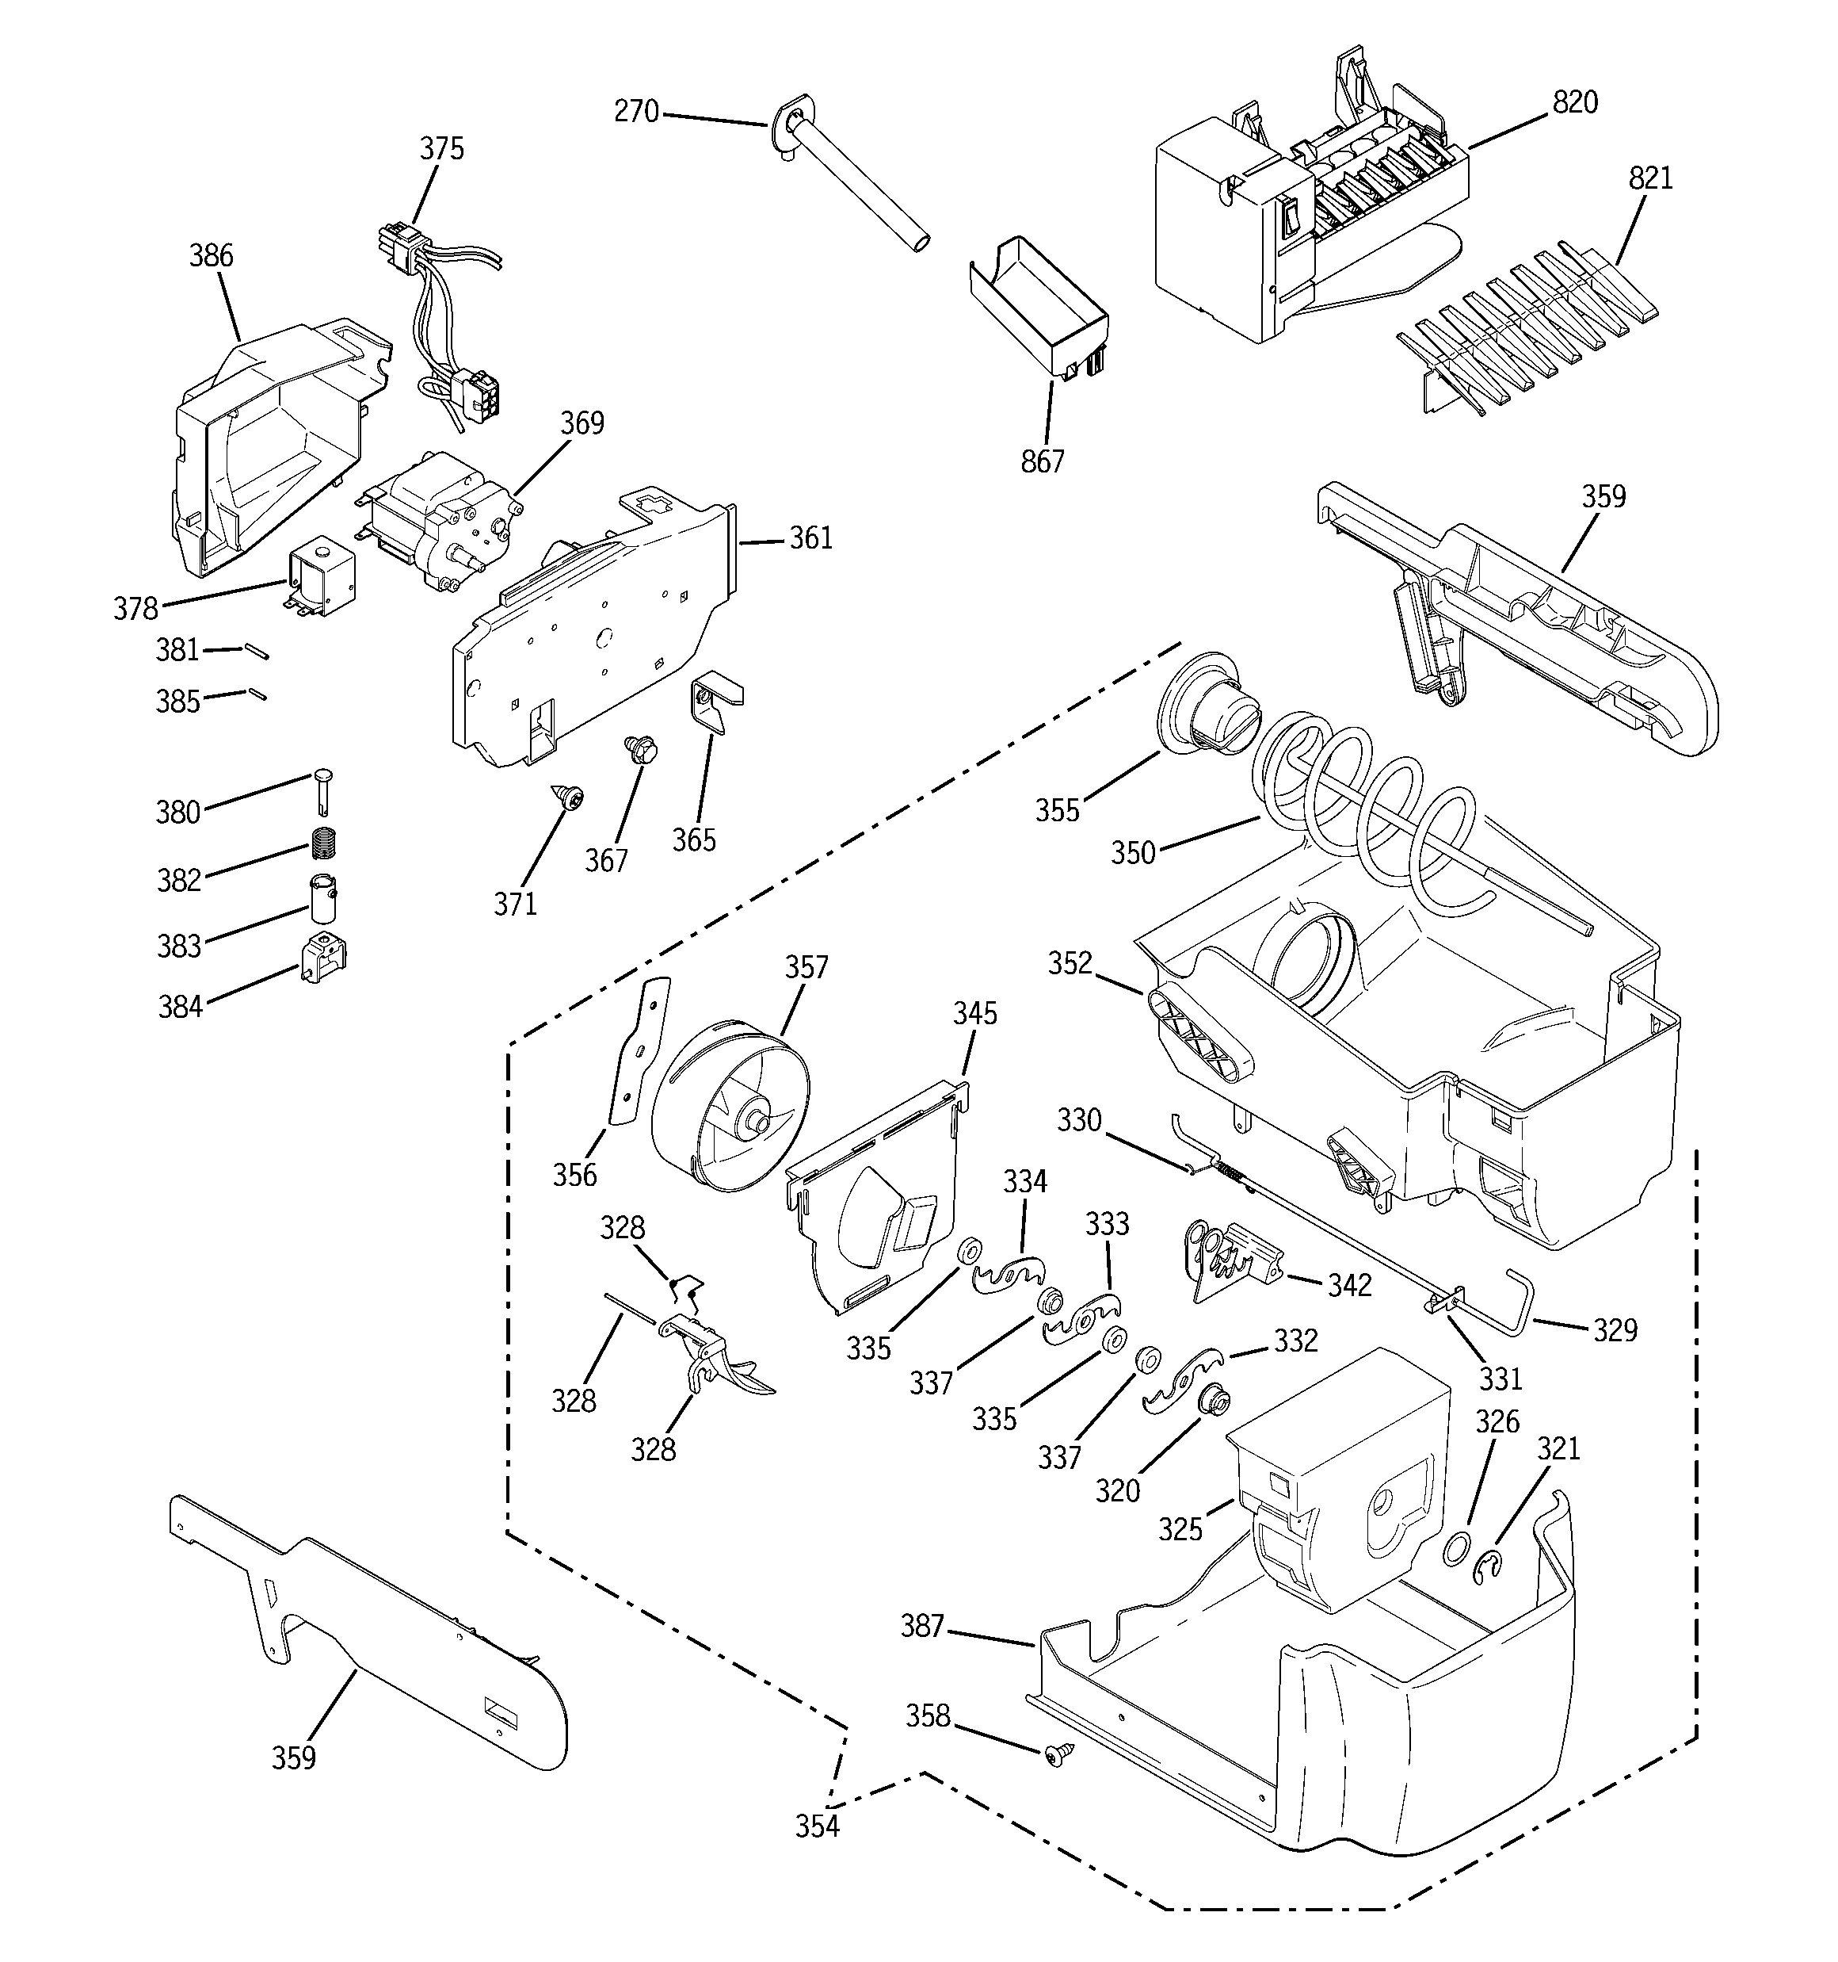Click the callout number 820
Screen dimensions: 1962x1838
click(x=1575, y=102)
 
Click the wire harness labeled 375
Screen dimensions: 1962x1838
click(x=434, y=306)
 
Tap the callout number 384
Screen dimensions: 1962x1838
click(x=180, y=1007)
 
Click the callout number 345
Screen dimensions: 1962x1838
click(x=974, y=1014)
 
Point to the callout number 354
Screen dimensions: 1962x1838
click(x=817, y=1826)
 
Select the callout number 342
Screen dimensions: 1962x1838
click(x=1348, y=1285)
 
